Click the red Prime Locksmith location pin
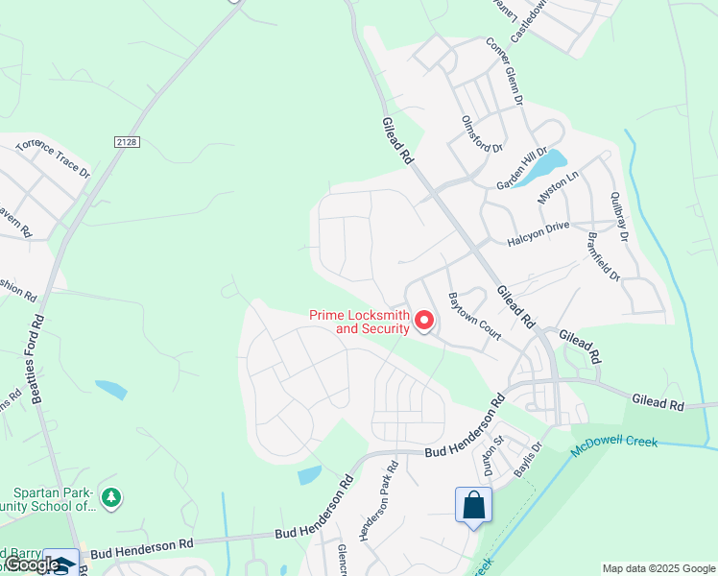click(x=423, y=321)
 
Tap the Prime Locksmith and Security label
click(x=360, y=321)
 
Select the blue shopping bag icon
click(x=473, y=505)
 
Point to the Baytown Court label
click(x=474, y=317)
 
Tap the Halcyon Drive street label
click(x=538, y=227)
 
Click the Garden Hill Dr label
click(x=521, y=169)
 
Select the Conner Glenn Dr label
click(x=505, y=70)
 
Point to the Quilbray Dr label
click(x=618, y=216)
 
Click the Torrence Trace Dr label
click(x=52, y=157)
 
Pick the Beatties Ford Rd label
click(x=39, y=361)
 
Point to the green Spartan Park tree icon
click(x=112, y=497)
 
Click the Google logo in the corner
click(x=32, y=564)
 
